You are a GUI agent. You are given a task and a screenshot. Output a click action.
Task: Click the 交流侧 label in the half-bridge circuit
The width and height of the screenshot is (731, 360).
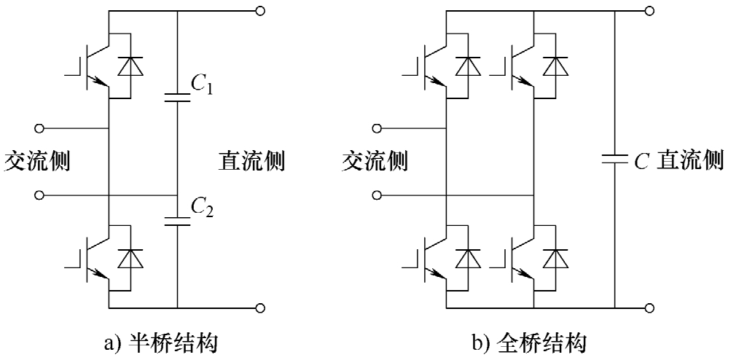tap(37, 160)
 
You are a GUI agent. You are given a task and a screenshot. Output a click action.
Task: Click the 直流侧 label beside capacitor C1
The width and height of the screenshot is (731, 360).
tap(251, 160)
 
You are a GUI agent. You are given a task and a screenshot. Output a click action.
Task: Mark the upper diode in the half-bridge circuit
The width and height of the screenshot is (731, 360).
tap(131, 66)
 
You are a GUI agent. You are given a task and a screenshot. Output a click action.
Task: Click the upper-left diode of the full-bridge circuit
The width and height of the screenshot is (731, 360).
tap(468, 66)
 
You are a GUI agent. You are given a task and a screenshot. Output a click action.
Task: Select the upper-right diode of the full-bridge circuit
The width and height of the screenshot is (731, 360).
tap(556, 66)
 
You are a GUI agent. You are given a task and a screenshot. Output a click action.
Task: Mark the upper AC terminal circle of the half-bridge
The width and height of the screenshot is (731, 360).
tap(41, 128)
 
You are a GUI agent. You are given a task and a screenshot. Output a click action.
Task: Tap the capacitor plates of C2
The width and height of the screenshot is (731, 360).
tap(178, 219)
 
